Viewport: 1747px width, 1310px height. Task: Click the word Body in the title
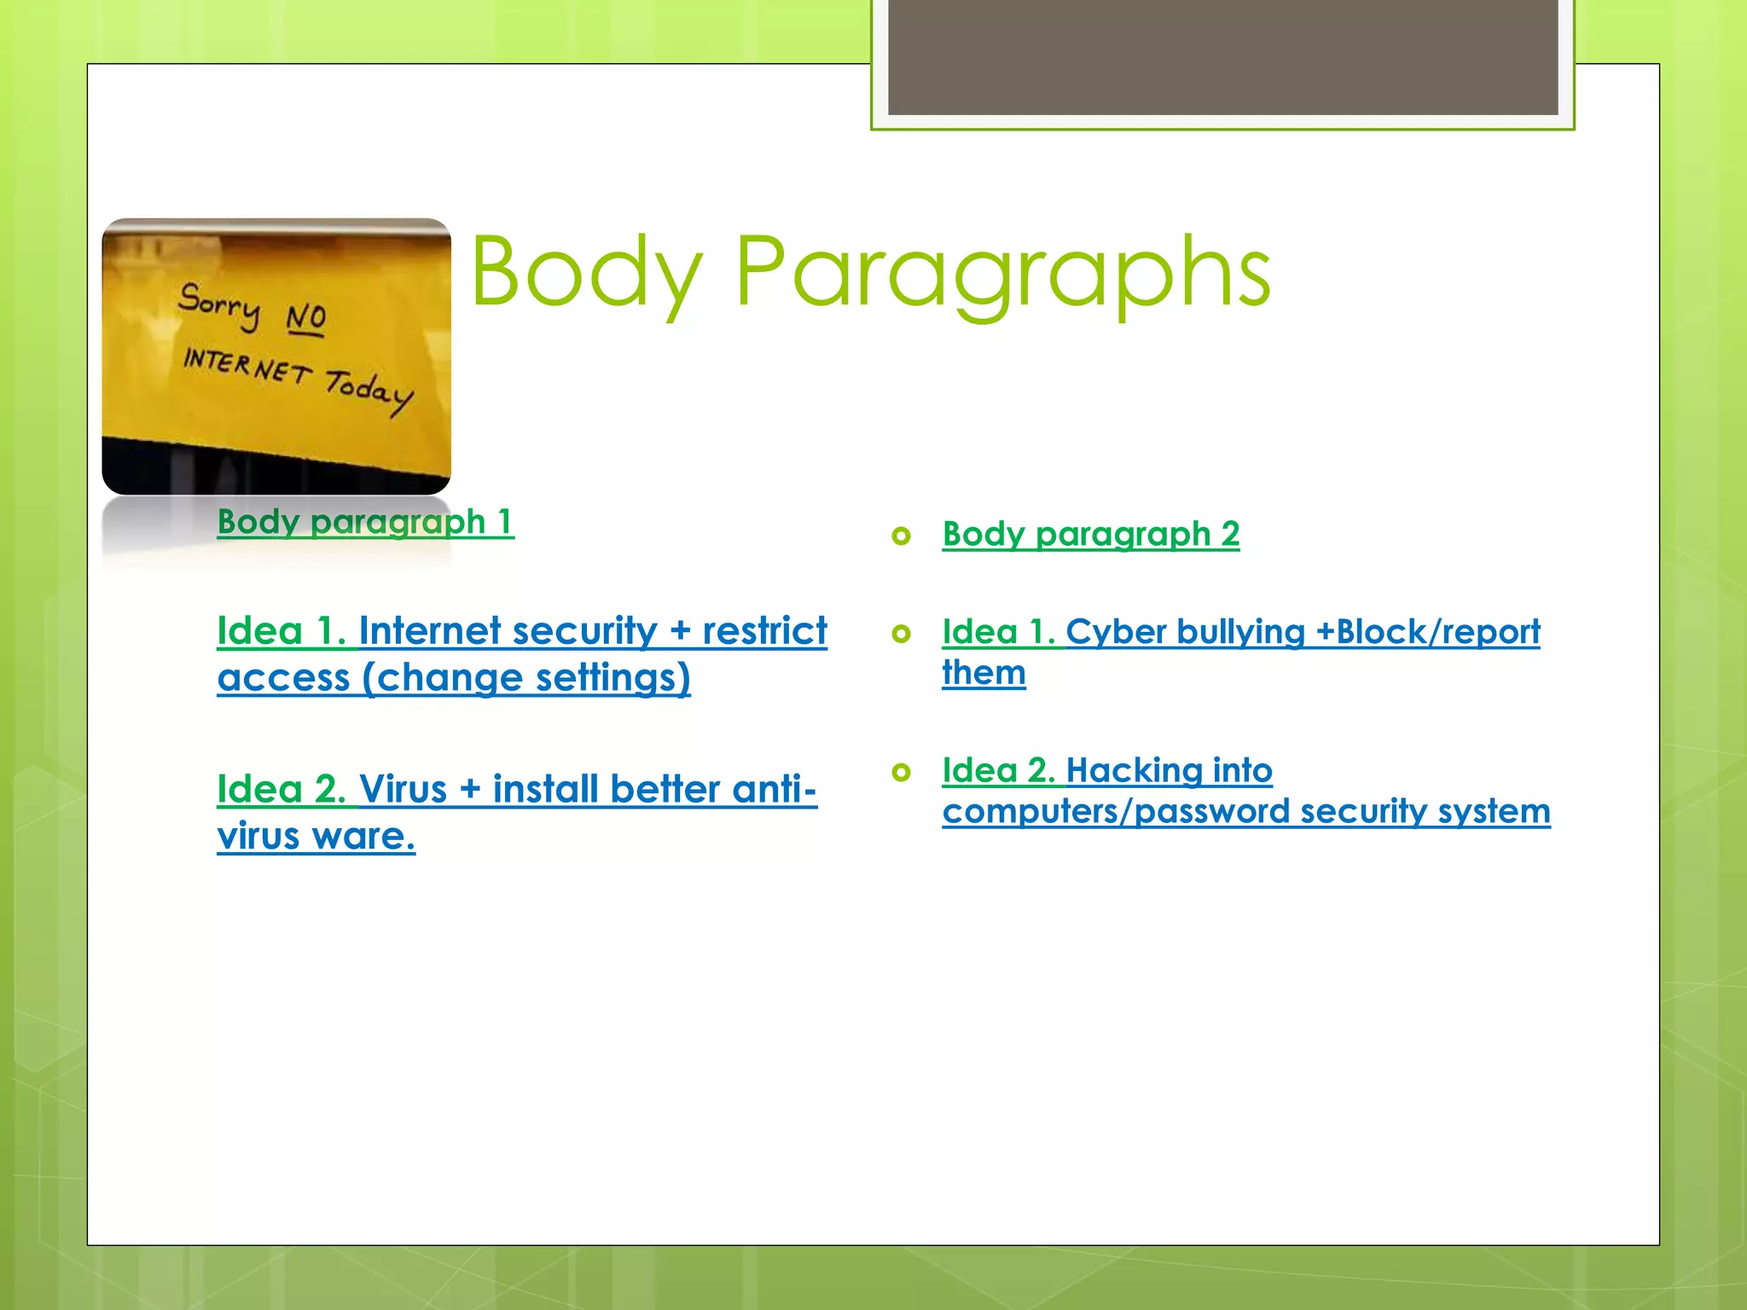pos(587,273)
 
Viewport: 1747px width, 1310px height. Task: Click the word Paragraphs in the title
pos(1002,273)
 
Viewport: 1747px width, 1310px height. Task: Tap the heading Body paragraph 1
pos(365,521)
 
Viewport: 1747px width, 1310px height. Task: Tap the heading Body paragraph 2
pos(1090,535)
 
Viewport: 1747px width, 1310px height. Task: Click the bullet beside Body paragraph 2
pos(901,536)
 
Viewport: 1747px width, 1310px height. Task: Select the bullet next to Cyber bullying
pos(901,634)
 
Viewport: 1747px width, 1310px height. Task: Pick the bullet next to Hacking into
pos(901,772)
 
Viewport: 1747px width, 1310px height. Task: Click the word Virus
pos(403,789)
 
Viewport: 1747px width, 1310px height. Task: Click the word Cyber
pos(1116,632)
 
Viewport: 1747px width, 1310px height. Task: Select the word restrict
pos(764,631)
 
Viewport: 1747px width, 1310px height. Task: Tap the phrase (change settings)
pos(525,678)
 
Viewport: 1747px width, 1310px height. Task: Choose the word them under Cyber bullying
pos(984,673)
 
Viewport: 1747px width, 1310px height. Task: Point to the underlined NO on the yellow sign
pos(305,318)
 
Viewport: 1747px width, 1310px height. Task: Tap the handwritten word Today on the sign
pos(369,391)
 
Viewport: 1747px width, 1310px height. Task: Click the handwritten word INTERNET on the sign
pos(247,366)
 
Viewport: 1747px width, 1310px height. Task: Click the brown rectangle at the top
pos(1222,56)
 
